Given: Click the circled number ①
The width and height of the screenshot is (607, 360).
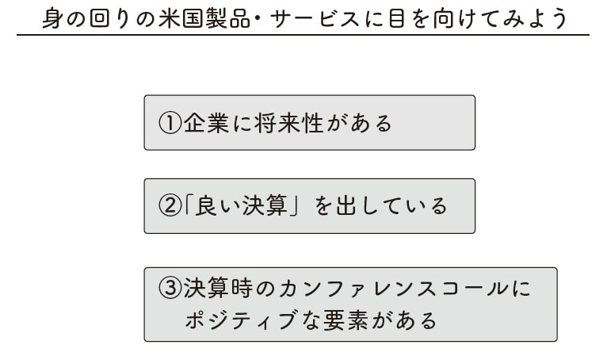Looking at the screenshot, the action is coord(170,123).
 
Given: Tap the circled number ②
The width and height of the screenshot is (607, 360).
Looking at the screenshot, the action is coord(170,205).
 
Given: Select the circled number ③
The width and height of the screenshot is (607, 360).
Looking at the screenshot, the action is coord(170,288).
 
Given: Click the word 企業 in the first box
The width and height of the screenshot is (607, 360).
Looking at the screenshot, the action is coord(206,123).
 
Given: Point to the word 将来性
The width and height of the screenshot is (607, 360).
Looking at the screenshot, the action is coord(288,123).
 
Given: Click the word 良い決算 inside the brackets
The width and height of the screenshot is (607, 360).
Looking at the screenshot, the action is coord(241,205).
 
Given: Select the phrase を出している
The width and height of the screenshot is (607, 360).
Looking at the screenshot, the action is coord(380,205).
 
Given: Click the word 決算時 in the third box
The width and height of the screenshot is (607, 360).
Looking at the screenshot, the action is coord(219,288).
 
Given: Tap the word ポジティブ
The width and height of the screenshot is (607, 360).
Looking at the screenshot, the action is coord(240,320).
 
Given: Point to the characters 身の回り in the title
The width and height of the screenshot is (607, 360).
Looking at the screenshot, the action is coord(86,18).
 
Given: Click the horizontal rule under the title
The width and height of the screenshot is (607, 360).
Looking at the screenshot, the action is coord(303,35).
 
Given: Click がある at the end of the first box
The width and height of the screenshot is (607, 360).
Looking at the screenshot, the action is coord(360,123).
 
